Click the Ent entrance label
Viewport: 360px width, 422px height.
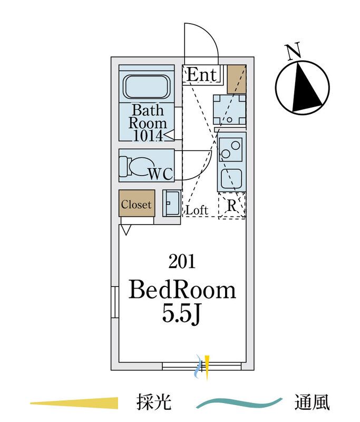[202, 74]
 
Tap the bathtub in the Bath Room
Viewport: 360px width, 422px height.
[147, 87]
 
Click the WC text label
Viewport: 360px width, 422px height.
[161, 174]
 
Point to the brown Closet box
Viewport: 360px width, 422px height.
[137, 203]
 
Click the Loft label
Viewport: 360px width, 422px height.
[197, 210]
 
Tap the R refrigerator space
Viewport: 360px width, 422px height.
[232, 206]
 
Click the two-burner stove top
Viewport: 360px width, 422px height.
[231, 150]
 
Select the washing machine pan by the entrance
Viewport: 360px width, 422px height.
[230, 109]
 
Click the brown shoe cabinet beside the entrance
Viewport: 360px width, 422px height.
[237, 79]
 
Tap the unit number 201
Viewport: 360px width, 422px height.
[182, 261]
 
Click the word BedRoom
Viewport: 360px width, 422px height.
[182, 290]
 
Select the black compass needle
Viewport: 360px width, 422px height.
[306, 87]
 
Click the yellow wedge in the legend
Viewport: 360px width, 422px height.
[74, 403]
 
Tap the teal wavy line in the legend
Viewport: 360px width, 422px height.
[239, 402]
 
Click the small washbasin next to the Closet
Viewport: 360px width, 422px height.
[171, 203]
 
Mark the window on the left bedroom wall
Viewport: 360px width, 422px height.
[115, 302]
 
